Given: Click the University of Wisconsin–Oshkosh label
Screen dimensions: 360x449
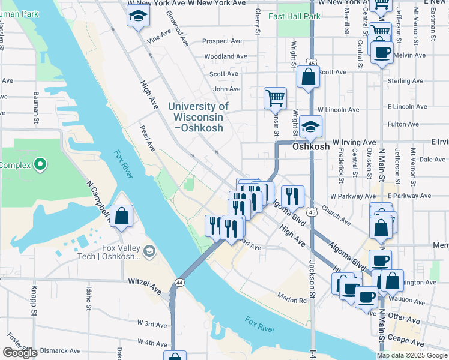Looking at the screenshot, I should click(x=198, y=117).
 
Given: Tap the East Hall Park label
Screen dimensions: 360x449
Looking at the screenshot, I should click(x=295, y=16).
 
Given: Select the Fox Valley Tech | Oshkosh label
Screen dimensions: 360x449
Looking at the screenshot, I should click(x=103, y=251).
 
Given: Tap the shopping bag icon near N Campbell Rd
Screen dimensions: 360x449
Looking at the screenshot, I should click(x=122, y=217).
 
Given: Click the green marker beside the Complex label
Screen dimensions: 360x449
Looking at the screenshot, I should click(x=40, y=164).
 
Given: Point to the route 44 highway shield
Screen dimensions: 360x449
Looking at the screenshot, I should click(x=179, y=282).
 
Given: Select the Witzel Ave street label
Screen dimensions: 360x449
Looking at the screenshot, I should click(x=145, y=281).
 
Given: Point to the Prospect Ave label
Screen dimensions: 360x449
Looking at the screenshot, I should click(x=222, y=41).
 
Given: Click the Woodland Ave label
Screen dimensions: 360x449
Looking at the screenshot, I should click(x=226, y=56).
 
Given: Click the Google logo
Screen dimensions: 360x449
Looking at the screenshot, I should click(x=20, y=353).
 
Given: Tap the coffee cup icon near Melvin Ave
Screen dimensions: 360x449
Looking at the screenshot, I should click(x=382, y=52).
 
